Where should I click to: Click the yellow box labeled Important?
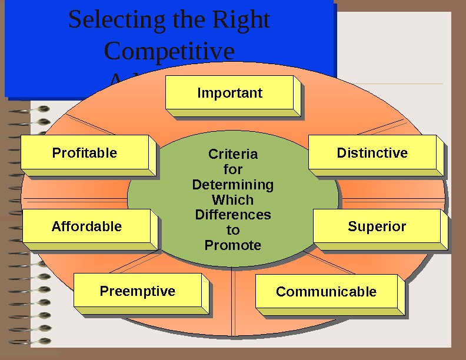tap(229, 93)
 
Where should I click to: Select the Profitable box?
tap(85, 153)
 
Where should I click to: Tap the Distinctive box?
tap(372, 153)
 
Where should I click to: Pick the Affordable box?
tap(86, 226)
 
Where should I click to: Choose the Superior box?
tap(377, 226)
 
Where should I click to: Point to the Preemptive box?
tap(138, 291)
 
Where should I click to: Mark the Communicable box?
tap(326, 292)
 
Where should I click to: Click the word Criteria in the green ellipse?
tap(233, 154)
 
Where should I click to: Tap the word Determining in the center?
tap(233, 185)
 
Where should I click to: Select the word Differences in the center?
tap(233, 215)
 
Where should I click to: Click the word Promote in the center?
tap(233, 245)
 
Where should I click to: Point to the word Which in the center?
tap(233, 199)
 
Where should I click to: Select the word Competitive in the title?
tap(169, 51)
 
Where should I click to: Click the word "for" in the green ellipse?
tap(233, 169)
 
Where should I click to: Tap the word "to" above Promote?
tap(233, 230)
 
